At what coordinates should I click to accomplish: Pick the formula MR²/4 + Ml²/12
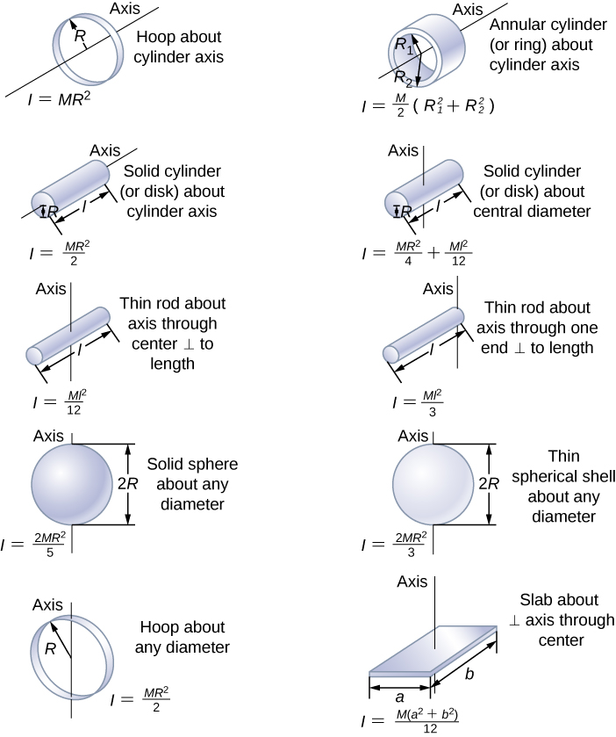click(418, 256)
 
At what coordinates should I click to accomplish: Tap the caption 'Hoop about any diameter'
click(184, 638)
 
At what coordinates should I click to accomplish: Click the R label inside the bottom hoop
click(51, 649)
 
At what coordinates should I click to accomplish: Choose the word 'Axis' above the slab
click(412, 582)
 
